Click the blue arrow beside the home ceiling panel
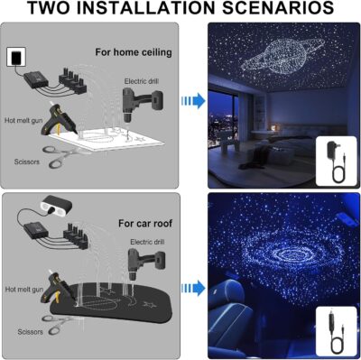pos(190,101)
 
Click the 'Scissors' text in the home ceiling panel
pos(28,162)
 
